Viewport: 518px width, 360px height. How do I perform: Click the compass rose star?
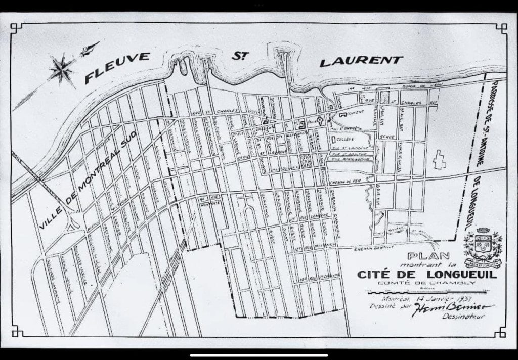coord(62,69)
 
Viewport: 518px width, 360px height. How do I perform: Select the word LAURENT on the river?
coord(361,61)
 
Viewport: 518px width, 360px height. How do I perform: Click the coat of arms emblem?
coord(483,248)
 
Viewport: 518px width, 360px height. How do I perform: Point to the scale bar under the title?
coord(427,292)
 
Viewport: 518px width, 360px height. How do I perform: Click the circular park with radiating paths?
coord(305,162)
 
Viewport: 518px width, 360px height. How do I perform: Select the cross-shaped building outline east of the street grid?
coord(439,159)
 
